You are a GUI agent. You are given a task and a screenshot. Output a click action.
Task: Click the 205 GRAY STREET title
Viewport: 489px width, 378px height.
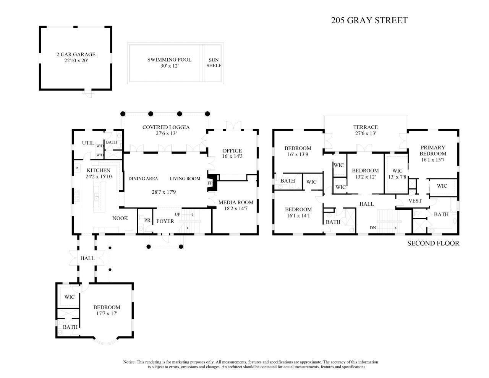(x=369, y=21)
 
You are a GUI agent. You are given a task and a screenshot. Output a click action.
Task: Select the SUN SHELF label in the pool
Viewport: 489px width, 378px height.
(x=214, y=63)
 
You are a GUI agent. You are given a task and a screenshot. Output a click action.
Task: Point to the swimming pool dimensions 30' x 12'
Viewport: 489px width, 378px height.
(x=169, y=66)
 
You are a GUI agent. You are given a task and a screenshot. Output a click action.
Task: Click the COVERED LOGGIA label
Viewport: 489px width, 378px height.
(x=166, y=127)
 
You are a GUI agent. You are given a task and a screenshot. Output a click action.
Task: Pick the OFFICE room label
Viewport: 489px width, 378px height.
(x=232, y=151)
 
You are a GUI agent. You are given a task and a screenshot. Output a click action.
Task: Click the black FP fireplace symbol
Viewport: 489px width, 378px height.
(x=212, y=183)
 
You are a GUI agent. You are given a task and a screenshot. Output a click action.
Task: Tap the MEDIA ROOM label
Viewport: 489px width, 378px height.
(x=236, y=202)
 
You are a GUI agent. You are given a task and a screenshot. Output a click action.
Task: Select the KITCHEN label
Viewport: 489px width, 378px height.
(x=98, y=170)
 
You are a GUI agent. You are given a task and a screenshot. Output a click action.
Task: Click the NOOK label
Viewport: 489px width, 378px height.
(x=120, y=218)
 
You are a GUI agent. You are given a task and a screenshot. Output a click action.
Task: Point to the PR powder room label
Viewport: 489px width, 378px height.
(x=147, y=221)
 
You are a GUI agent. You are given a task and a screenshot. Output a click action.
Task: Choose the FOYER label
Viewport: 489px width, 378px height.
(x=165, y=221)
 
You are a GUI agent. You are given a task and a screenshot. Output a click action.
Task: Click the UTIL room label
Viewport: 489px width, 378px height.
(x=87, y=143)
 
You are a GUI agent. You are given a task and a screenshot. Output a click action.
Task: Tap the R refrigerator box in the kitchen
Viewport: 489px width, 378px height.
(x=77, y=168)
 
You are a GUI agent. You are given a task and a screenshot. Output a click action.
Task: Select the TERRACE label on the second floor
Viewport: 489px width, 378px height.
(x=365, y=127)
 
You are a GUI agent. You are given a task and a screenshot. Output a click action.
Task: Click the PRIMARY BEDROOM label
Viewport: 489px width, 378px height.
(x=433, y=151)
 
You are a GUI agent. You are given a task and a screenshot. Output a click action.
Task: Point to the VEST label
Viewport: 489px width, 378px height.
(x=415, y=201)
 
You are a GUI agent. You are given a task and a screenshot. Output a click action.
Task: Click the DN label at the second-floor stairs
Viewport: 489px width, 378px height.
(x=372, y=228)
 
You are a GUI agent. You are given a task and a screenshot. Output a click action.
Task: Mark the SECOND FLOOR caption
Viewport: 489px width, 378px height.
(x=433, y=243)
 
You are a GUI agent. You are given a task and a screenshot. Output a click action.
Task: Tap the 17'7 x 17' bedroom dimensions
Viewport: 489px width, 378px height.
(x=107, y=313)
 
